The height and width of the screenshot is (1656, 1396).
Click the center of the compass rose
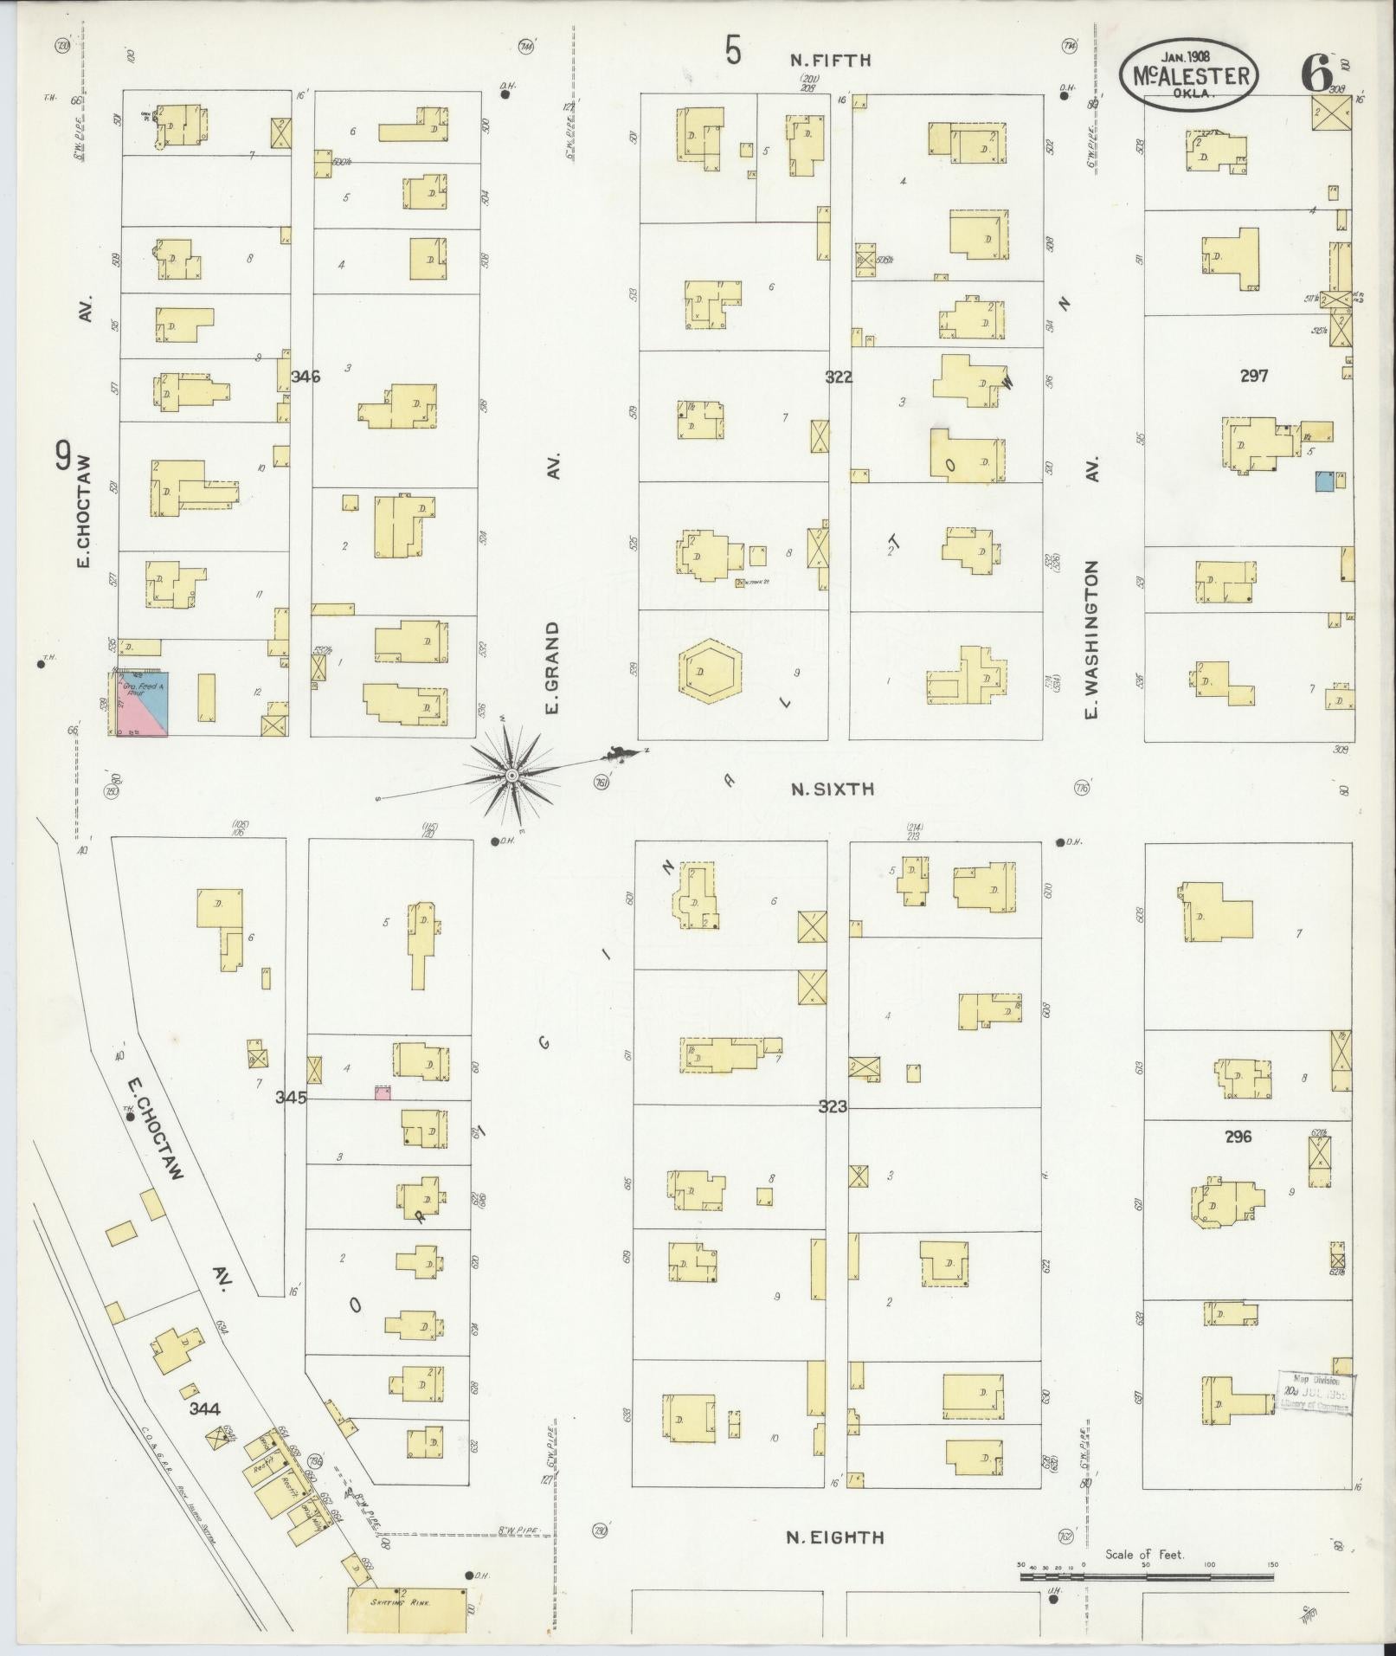[511, 775]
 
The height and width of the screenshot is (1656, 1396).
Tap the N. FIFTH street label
[829, 61]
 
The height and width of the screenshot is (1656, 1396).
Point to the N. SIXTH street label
[832, 789]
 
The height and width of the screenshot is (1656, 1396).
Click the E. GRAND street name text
[552, 667]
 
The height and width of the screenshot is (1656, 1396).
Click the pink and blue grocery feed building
[143, 703]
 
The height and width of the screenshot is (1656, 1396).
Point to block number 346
[306, 377]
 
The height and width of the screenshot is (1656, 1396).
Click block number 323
[833, 1106]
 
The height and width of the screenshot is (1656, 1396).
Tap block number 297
[1253, 376]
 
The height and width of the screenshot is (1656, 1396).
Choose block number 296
[1238, 1137]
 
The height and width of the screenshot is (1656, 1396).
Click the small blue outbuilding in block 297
[1322, 482]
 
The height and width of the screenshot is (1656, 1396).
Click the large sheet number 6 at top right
[1316, 75]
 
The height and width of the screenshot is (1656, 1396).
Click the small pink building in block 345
[383, 1092]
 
